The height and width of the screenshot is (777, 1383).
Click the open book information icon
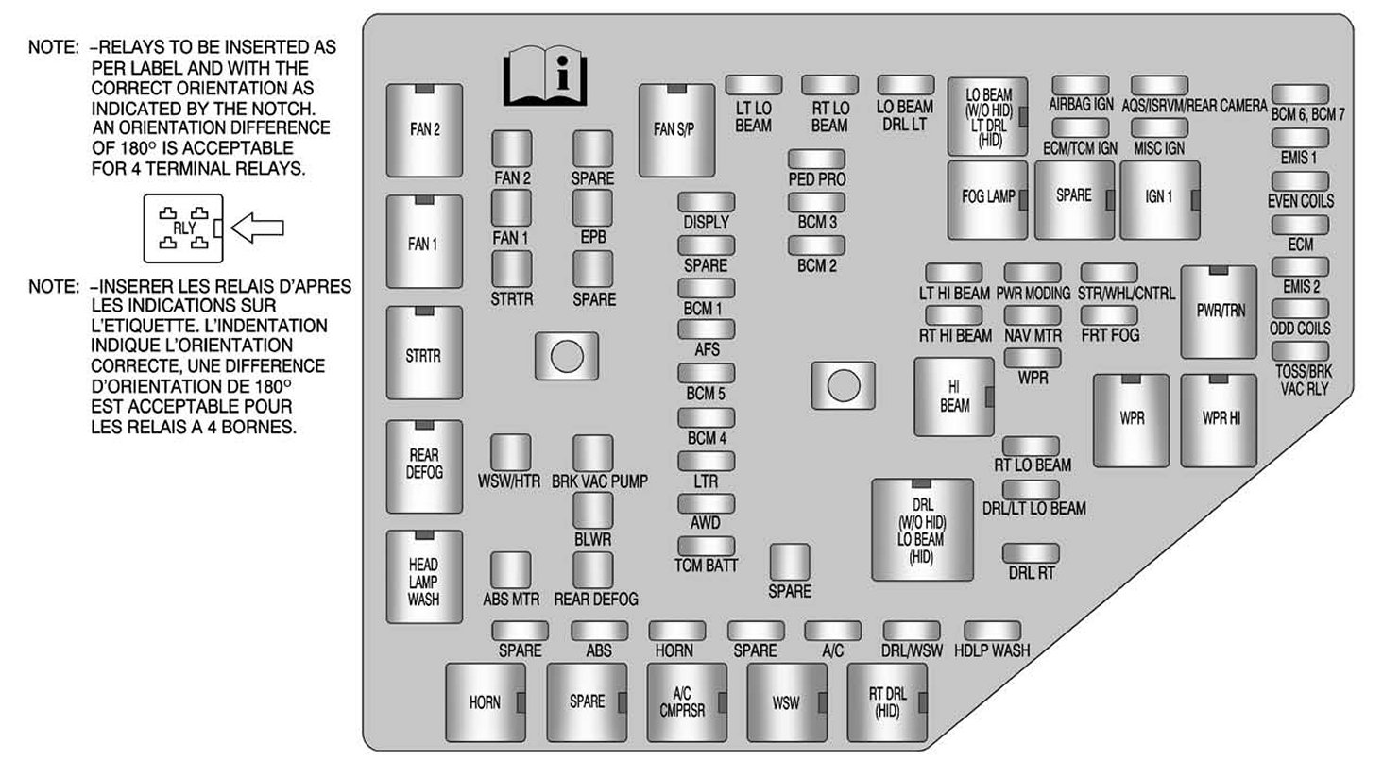click(x=545, y=76)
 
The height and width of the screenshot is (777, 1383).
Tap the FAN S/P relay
click(x=675, y=130)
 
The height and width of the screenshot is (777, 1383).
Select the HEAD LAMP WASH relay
click(x=424, y=576)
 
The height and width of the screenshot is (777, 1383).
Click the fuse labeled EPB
click(x=592, y=208)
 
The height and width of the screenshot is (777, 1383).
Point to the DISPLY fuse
click(x=706, y=201)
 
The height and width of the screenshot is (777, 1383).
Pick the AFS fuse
click(x=706, y=329)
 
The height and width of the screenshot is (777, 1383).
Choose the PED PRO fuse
click(x=816, y=159)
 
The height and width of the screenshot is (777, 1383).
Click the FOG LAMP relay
click(x=987, y=198)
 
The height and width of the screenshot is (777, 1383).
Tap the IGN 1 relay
click(x=1159, y=198)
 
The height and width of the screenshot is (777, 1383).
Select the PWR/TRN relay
click(x=1220, y=312)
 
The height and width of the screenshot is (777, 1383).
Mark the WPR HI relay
click(x=1220, y=420)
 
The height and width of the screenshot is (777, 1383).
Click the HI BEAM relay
click(x=954, y=397)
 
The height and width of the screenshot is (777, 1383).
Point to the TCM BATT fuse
click(x=706, y=546)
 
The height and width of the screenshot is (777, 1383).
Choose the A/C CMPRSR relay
click(x=687, y=702)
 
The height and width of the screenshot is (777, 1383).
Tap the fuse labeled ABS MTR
click(x=511, y=569)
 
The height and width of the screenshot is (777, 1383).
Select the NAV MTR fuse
click(x=1032, y=314)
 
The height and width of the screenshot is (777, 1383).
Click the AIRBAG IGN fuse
click(x=1080, y=85)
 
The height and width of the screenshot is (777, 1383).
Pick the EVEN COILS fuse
click(x=1300, y=180)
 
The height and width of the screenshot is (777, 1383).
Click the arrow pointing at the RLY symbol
click(x=258, y=228)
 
